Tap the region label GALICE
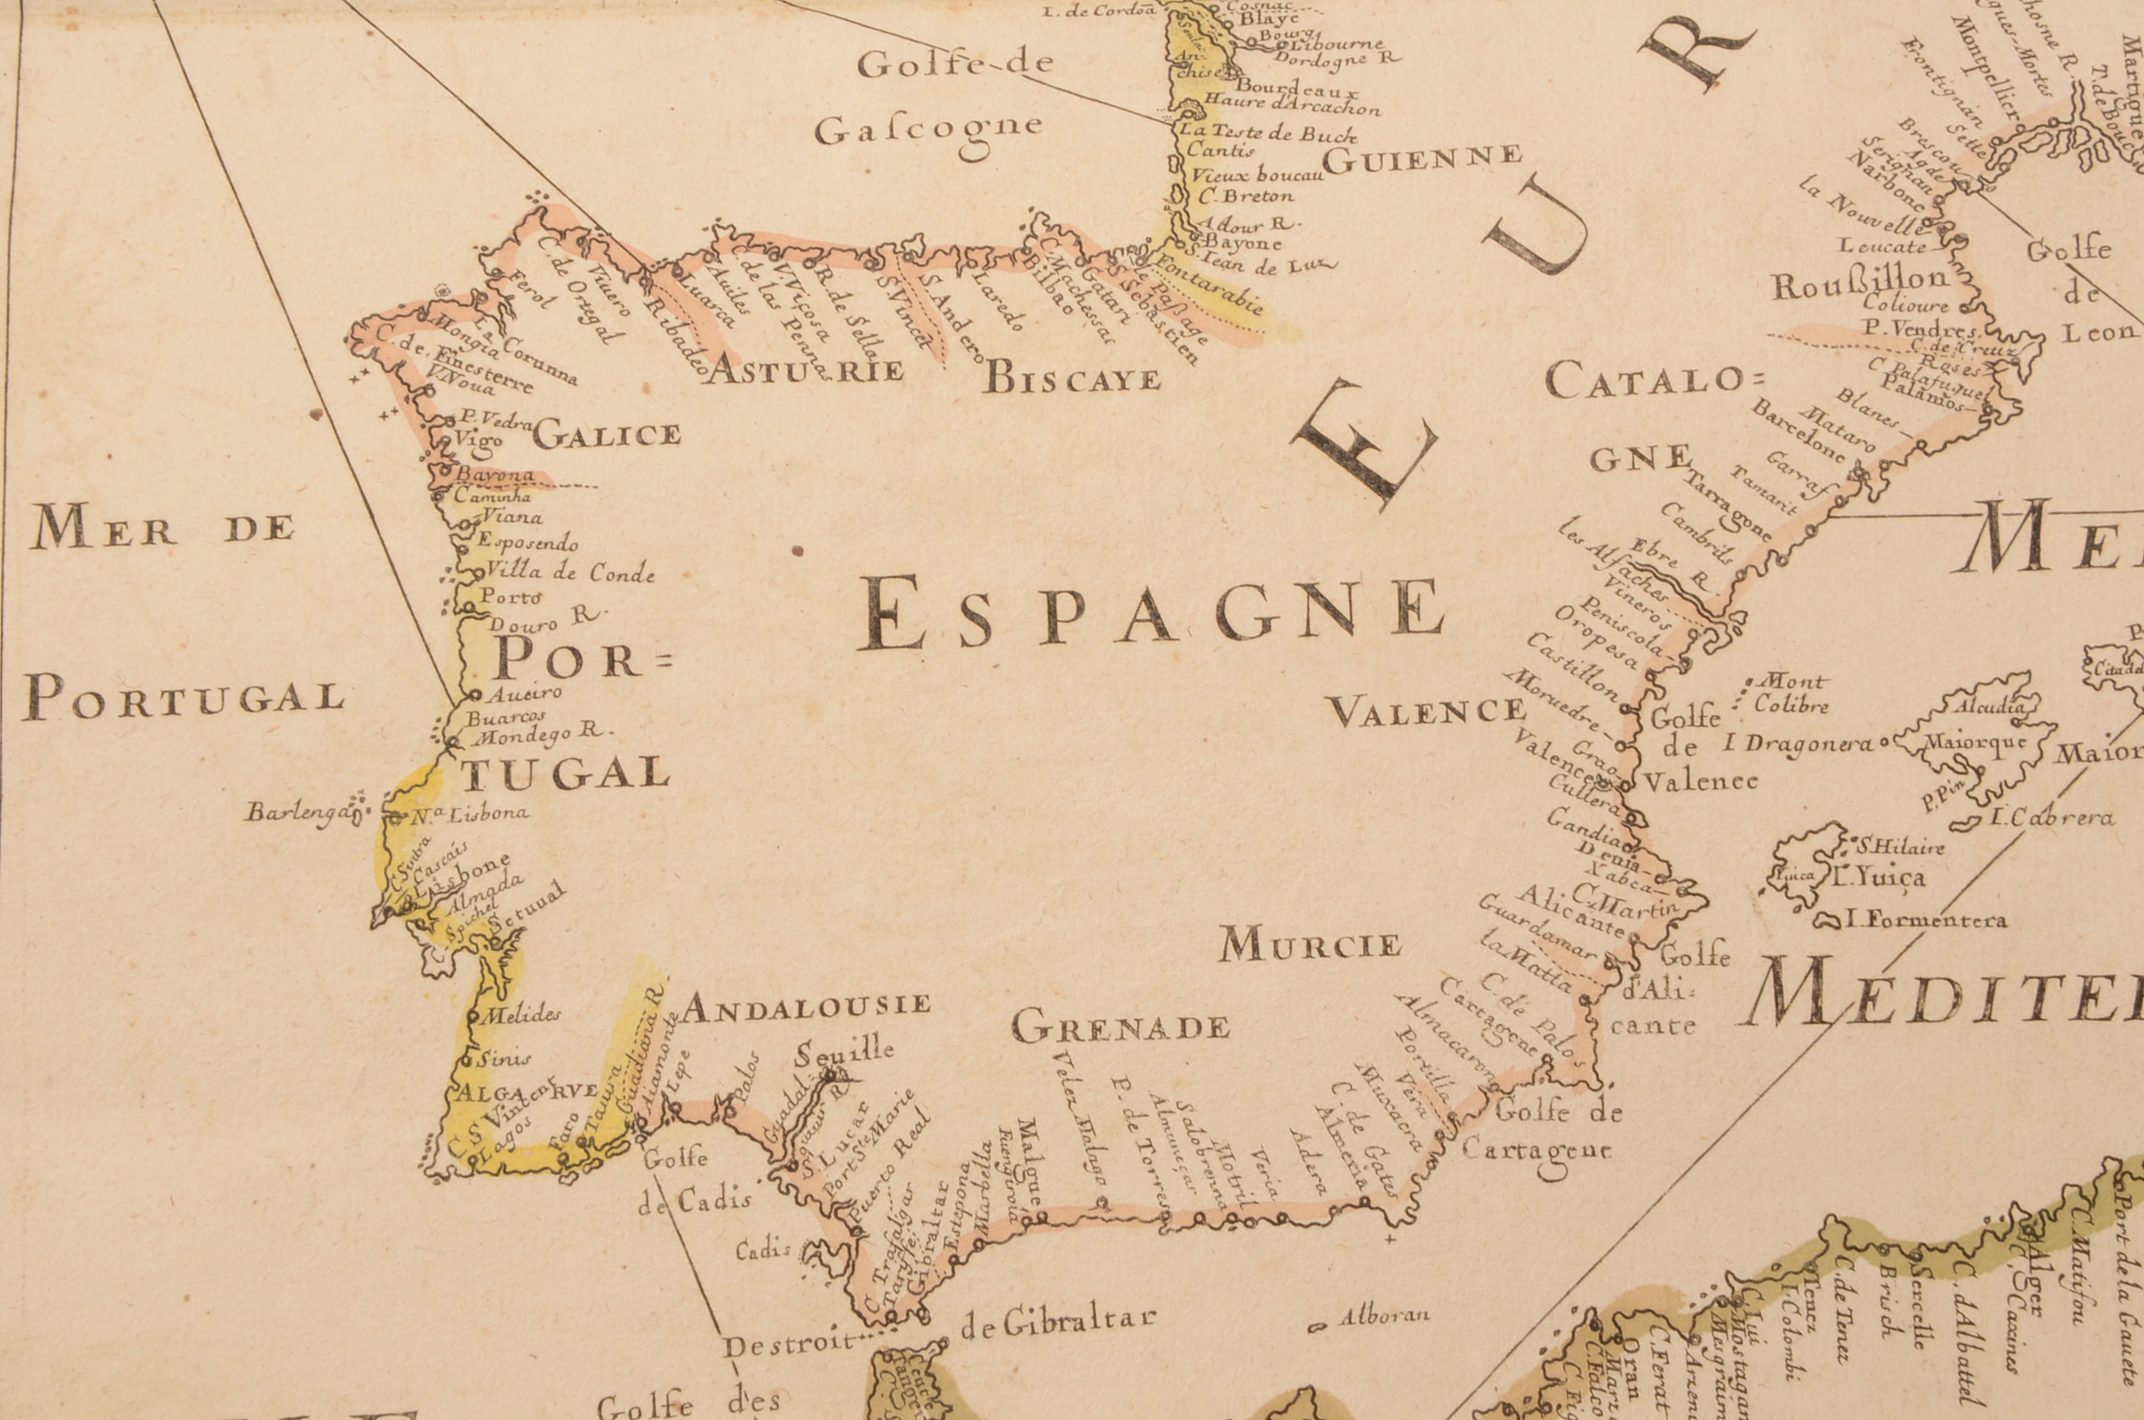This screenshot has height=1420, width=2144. point(606,436)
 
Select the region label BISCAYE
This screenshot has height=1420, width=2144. point(1072,378)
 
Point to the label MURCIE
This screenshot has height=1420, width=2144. point(1310,946)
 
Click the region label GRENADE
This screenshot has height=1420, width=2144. point(1120,1028)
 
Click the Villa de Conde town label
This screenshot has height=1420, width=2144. point(569,573)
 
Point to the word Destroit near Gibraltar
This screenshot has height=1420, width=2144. point(788,1343)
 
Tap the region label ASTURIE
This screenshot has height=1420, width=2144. point(804,370)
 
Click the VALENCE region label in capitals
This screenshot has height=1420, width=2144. point(1426,712)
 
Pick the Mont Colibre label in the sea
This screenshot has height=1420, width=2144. point(1791,693)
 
